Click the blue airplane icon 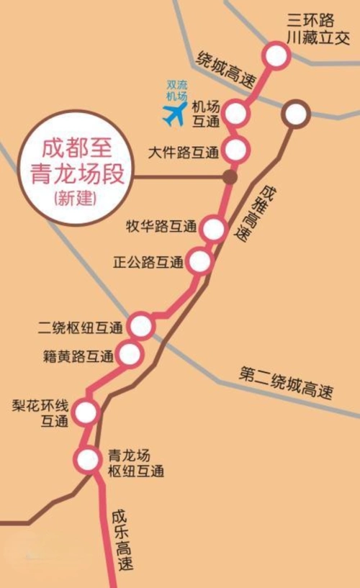(x=174, y=113)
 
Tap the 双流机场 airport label (x=176, y=89)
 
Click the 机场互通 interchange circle (x=236, y=113)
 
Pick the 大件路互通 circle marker (x=235, y=150)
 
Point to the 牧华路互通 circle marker (x=214, y=229)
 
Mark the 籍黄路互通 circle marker (x=130, y=354)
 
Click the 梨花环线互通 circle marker (x=86, y=412)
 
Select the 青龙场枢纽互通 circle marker (x=88, y=458)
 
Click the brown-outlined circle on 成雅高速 (x=295, y=114)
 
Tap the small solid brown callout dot (x=229, y=176)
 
